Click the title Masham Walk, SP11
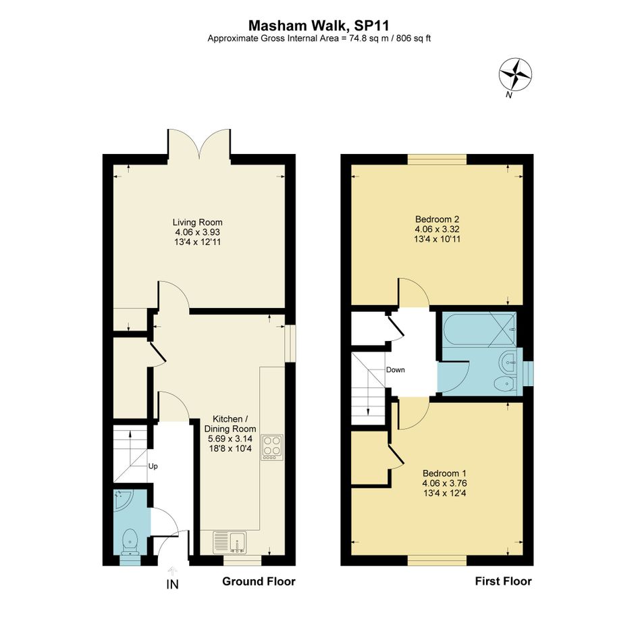coord(319,26)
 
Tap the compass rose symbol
coord(515,74)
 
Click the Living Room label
coord(197,222)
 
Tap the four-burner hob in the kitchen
coord(272,448)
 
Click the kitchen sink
coord(230,542)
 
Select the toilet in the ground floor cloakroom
coord(130,541)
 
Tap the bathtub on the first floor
coord(479,329)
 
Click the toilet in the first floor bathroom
coord(505,383)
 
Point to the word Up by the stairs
coord(153,467)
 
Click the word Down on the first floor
coord(396,370)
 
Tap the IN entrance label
coord(173,584)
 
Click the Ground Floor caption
coord(259,581)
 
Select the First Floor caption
coord(504,581)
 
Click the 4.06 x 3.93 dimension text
coord(197,232)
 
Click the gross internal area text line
coord(319,38)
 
